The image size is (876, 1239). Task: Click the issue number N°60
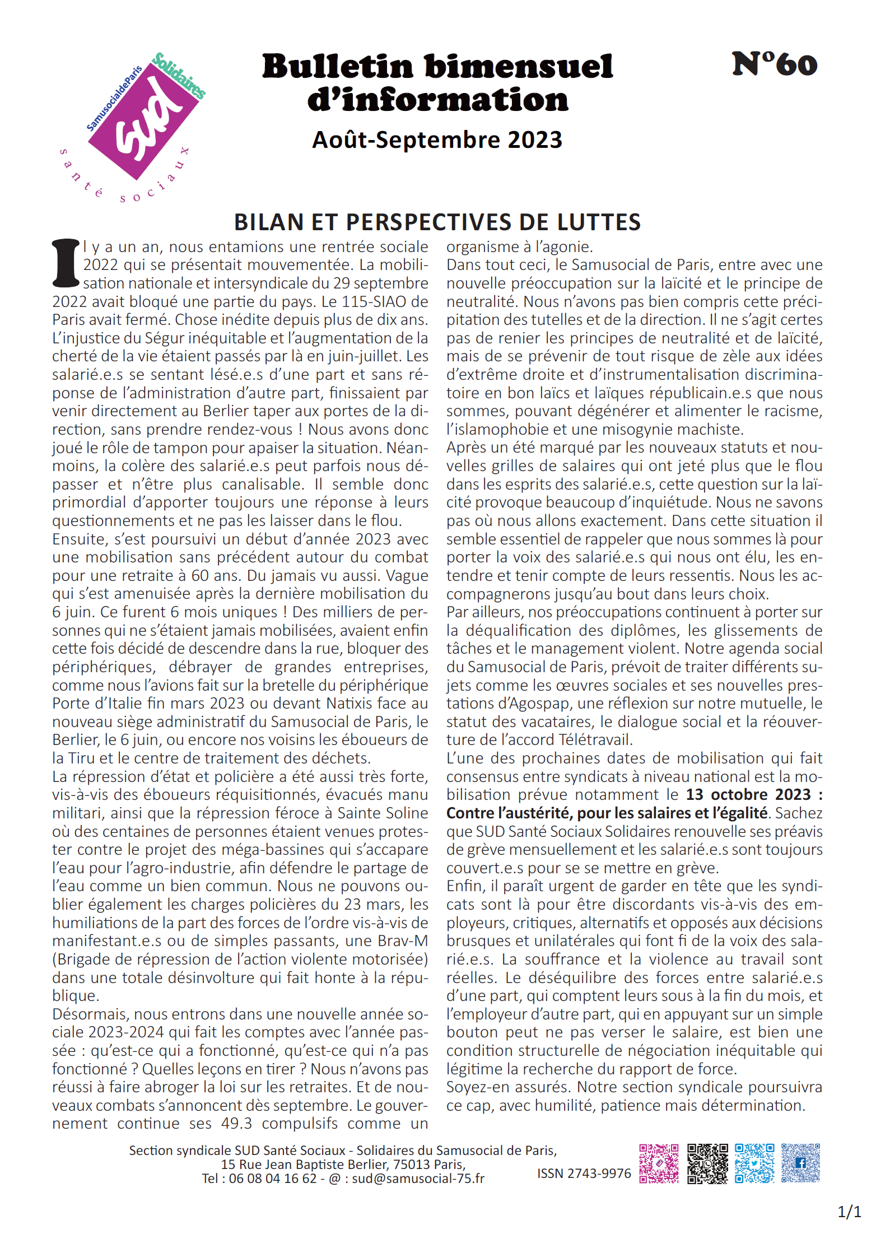[774, 64]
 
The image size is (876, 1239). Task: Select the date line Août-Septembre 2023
[437, 140]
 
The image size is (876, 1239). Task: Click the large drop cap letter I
[66, 263]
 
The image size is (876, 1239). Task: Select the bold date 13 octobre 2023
[748, 795]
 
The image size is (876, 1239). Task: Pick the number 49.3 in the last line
[236, 1124]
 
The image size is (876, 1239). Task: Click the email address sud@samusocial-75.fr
[418, 1178]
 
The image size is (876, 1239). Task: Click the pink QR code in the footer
[659, 1163]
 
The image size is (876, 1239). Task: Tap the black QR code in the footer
[707, 1163]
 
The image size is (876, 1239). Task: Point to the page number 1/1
[849, 1212]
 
